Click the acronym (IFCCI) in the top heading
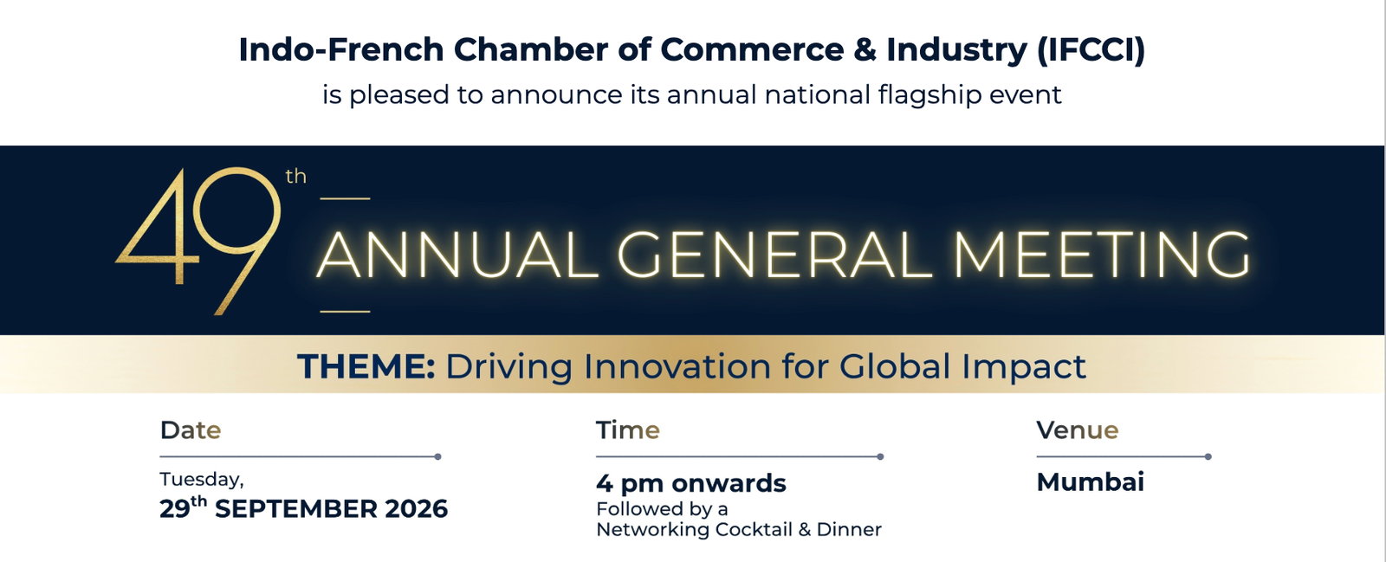(x=1091, y=50)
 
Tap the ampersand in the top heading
(x=865, y=49)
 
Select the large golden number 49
(x=198, y=240)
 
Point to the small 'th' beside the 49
(x=295, y=176)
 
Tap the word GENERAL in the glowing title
(x=774, y=255)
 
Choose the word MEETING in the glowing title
(x=1101, y=255)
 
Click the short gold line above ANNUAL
(x=345, y=198)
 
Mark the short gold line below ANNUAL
(x=345, y=312)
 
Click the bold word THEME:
(x=366, y=366)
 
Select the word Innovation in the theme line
(x=677, y=366)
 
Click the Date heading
(x=191, y=430)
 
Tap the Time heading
(x=628, y=430)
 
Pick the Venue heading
(x=1078, y=430)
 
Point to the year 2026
(x=416, y=509)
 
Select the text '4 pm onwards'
(x=690, y=483)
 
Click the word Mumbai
(x=1091, y=482)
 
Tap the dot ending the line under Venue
(x=1208, y=457)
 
